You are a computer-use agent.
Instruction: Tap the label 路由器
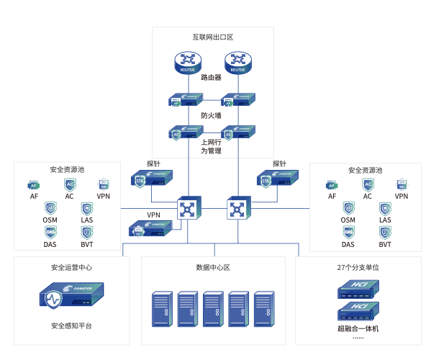211,78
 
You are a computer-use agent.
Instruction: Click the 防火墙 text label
211,115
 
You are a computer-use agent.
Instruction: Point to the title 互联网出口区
213,37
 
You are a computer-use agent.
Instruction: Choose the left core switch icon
189,209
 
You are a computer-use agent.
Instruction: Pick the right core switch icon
238,209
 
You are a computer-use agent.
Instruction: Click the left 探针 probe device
152,179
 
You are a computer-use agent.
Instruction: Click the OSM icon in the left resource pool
50,208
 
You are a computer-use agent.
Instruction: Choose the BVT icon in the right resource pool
385,233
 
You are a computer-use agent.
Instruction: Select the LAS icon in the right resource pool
385,208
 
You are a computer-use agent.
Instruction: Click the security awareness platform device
71,297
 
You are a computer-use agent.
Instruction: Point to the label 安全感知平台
71,326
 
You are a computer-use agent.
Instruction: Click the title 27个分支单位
358,267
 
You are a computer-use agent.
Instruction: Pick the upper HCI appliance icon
358,289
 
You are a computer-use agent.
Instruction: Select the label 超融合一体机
358,328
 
